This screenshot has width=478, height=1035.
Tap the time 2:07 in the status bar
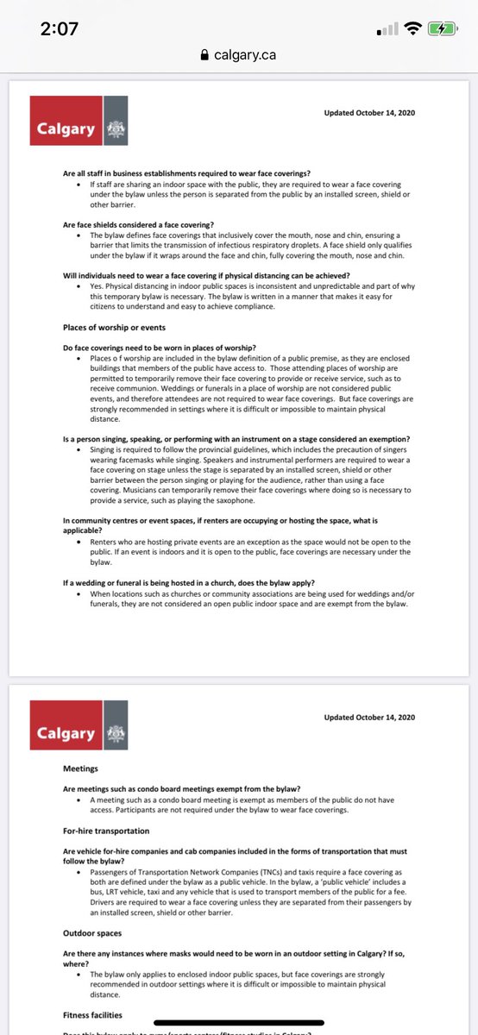point(60,28)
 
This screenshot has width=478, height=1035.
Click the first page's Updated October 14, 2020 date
point(369,113)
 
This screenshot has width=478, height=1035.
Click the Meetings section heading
point(80,767)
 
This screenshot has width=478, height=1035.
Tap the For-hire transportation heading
point(106,830)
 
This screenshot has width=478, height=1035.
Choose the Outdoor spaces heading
point(91,933)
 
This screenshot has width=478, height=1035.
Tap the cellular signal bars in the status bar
point(387,30)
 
